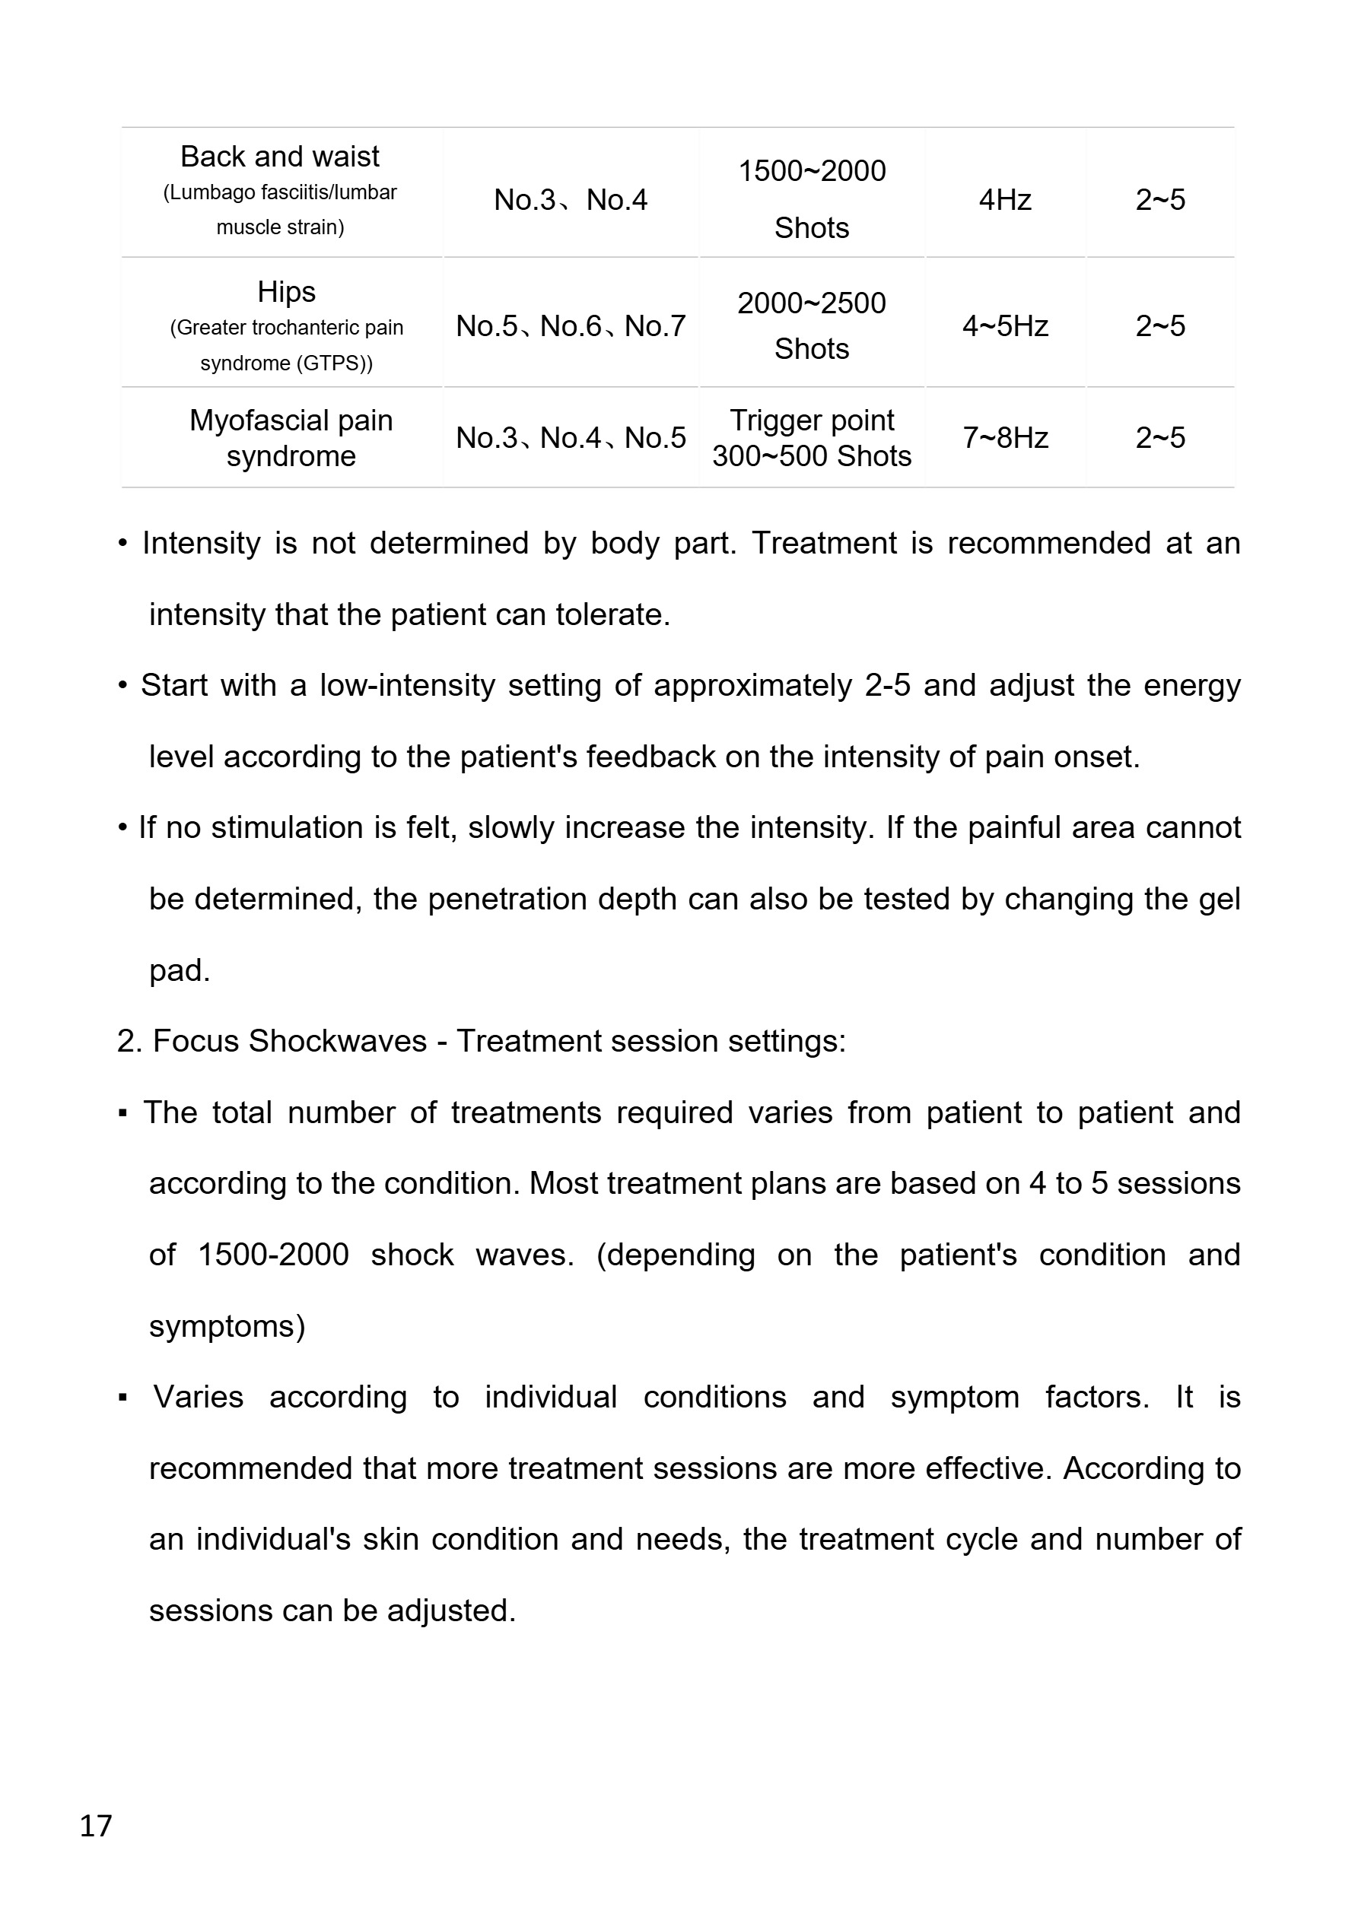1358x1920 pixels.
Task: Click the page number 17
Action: (x=95, y=1825)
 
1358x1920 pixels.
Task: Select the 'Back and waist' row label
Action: (x=279, y=157)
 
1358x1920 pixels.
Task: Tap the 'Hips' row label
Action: (x=286, y=292)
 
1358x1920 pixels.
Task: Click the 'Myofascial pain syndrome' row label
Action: (x=291, y=437)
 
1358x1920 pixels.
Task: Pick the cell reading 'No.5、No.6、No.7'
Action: (x=571, y=326)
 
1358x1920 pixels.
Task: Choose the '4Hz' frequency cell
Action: (x=1005, y=200)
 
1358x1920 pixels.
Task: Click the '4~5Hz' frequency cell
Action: (x=1005, y=326)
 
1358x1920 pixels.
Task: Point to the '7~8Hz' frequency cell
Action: (x=1005, y=437)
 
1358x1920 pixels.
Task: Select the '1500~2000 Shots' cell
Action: (x=812, y=199)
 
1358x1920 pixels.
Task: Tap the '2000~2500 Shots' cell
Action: (x=812, y=326)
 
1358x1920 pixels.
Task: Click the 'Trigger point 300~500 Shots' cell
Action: (x=812, y=437)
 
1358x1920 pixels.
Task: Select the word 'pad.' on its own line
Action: (x=179, y=970)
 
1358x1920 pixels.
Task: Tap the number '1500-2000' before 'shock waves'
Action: (x=273, y=1255)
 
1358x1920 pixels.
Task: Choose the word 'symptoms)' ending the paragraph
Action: (x=227, y=1326)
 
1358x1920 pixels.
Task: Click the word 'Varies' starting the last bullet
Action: (x=199, y=1398)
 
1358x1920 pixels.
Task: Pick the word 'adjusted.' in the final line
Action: (x=451, y=1611)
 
